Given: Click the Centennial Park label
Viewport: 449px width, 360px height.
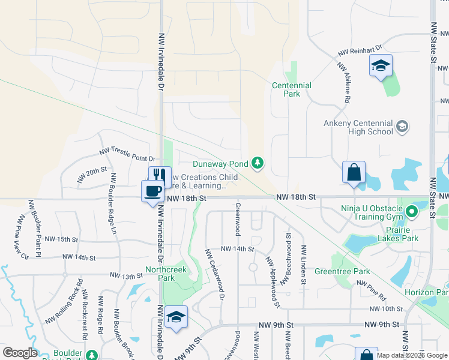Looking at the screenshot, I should (291, 89).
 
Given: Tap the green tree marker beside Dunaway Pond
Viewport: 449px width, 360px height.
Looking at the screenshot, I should (258, 163).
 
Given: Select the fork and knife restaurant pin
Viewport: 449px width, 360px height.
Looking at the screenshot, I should (160, 175).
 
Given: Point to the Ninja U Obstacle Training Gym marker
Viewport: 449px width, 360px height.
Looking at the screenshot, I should (412, 212).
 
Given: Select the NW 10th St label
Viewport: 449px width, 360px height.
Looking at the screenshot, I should (385, 308).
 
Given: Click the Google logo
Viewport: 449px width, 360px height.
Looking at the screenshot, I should (20, 353).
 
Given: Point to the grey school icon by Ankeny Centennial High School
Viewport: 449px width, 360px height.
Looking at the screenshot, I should (402, 127).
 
